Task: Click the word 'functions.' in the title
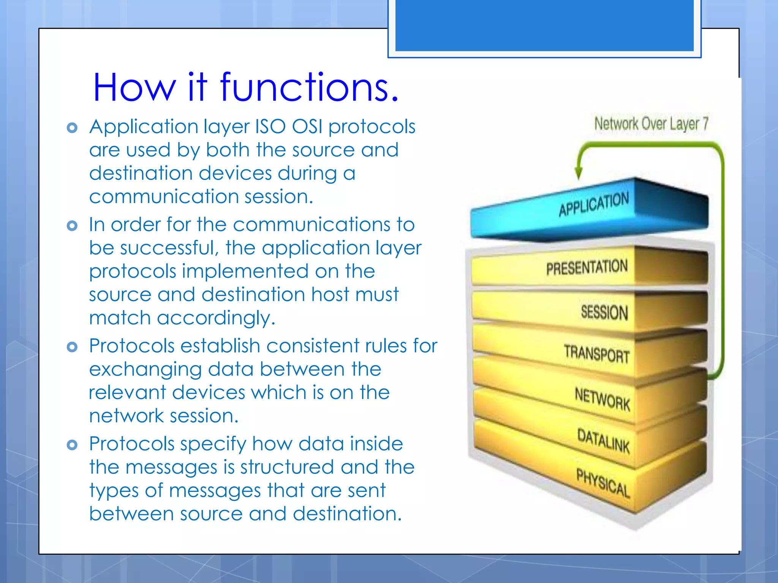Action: pyautogui.click(x=309, y=88)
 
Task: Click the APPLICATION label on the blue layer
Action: pyautogui.click(x=594, y=204)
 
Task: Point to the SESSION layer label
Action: pyautogui.click(x=604, y=312)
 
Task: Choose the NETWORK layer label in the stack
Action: pyautogui.click(x=602, y=399)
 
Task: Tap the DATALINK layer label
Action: pyautogui.click(x=603, y=440)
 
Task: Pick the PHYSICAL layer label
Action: pyautogui.click(x=603, y=483)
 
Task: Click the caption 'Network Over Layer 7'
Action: pyautogui.click(x=651, y=124)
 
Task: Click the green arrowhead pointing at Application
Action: pyautogui.click(x=579, y=173)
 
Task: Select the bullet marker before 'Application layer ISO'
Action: pyautogui.click(x=72, y=128)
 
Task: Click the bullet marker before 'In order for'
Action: pyautogui.click(x=72, y=226)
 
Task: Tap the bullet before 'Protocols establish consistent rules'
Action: pyautogui.click(x=72, y=347)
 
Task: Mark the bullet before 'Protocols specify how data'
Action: pyautogui.click(x=72, y=444)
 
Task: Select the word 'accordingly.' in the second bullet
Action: pyautogui.click(x=216, y=318)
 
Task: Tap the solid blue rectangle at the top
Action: pyautogui.click(x=544, y=25)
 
